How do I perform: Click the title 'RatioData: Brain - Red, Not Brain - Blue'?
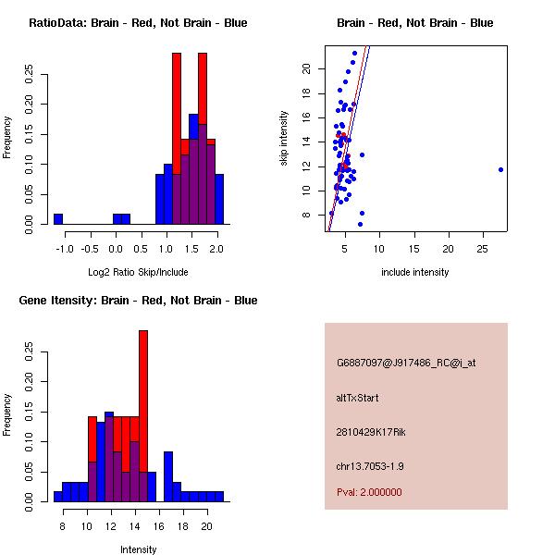pos(138,23)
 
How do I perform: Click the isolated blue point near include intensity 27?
pos(500,169)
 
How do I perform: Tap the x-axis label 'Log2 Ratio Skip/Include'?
pos(138,272)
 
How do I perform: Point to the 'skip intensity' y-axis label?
pos(284,139)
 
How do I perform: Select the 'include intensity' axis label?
pos(415,272)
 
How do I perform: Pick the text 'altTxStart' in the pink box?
pos(357,399)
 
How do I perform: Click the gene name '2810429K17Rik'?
pos(367,432)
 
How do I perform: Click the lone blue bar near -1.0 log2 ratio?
pos(58,218)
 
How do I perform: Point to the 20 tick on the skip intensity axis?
pos(304,69)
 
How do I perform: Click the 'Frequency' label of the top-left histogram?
pos(7,137)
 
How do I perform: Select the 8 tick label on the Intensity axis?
pos(63,527)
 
